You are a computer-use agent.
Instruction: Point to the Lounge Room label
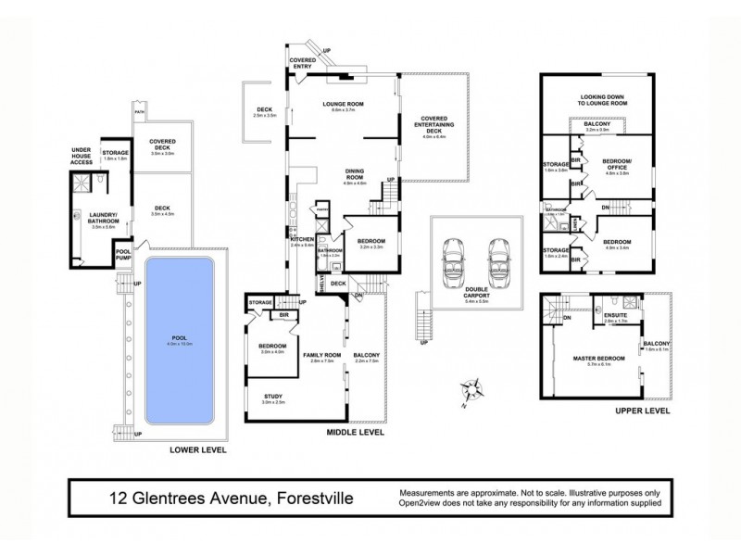(340, 104)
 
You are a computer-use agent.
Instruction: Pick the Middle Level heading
(355, 432)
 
